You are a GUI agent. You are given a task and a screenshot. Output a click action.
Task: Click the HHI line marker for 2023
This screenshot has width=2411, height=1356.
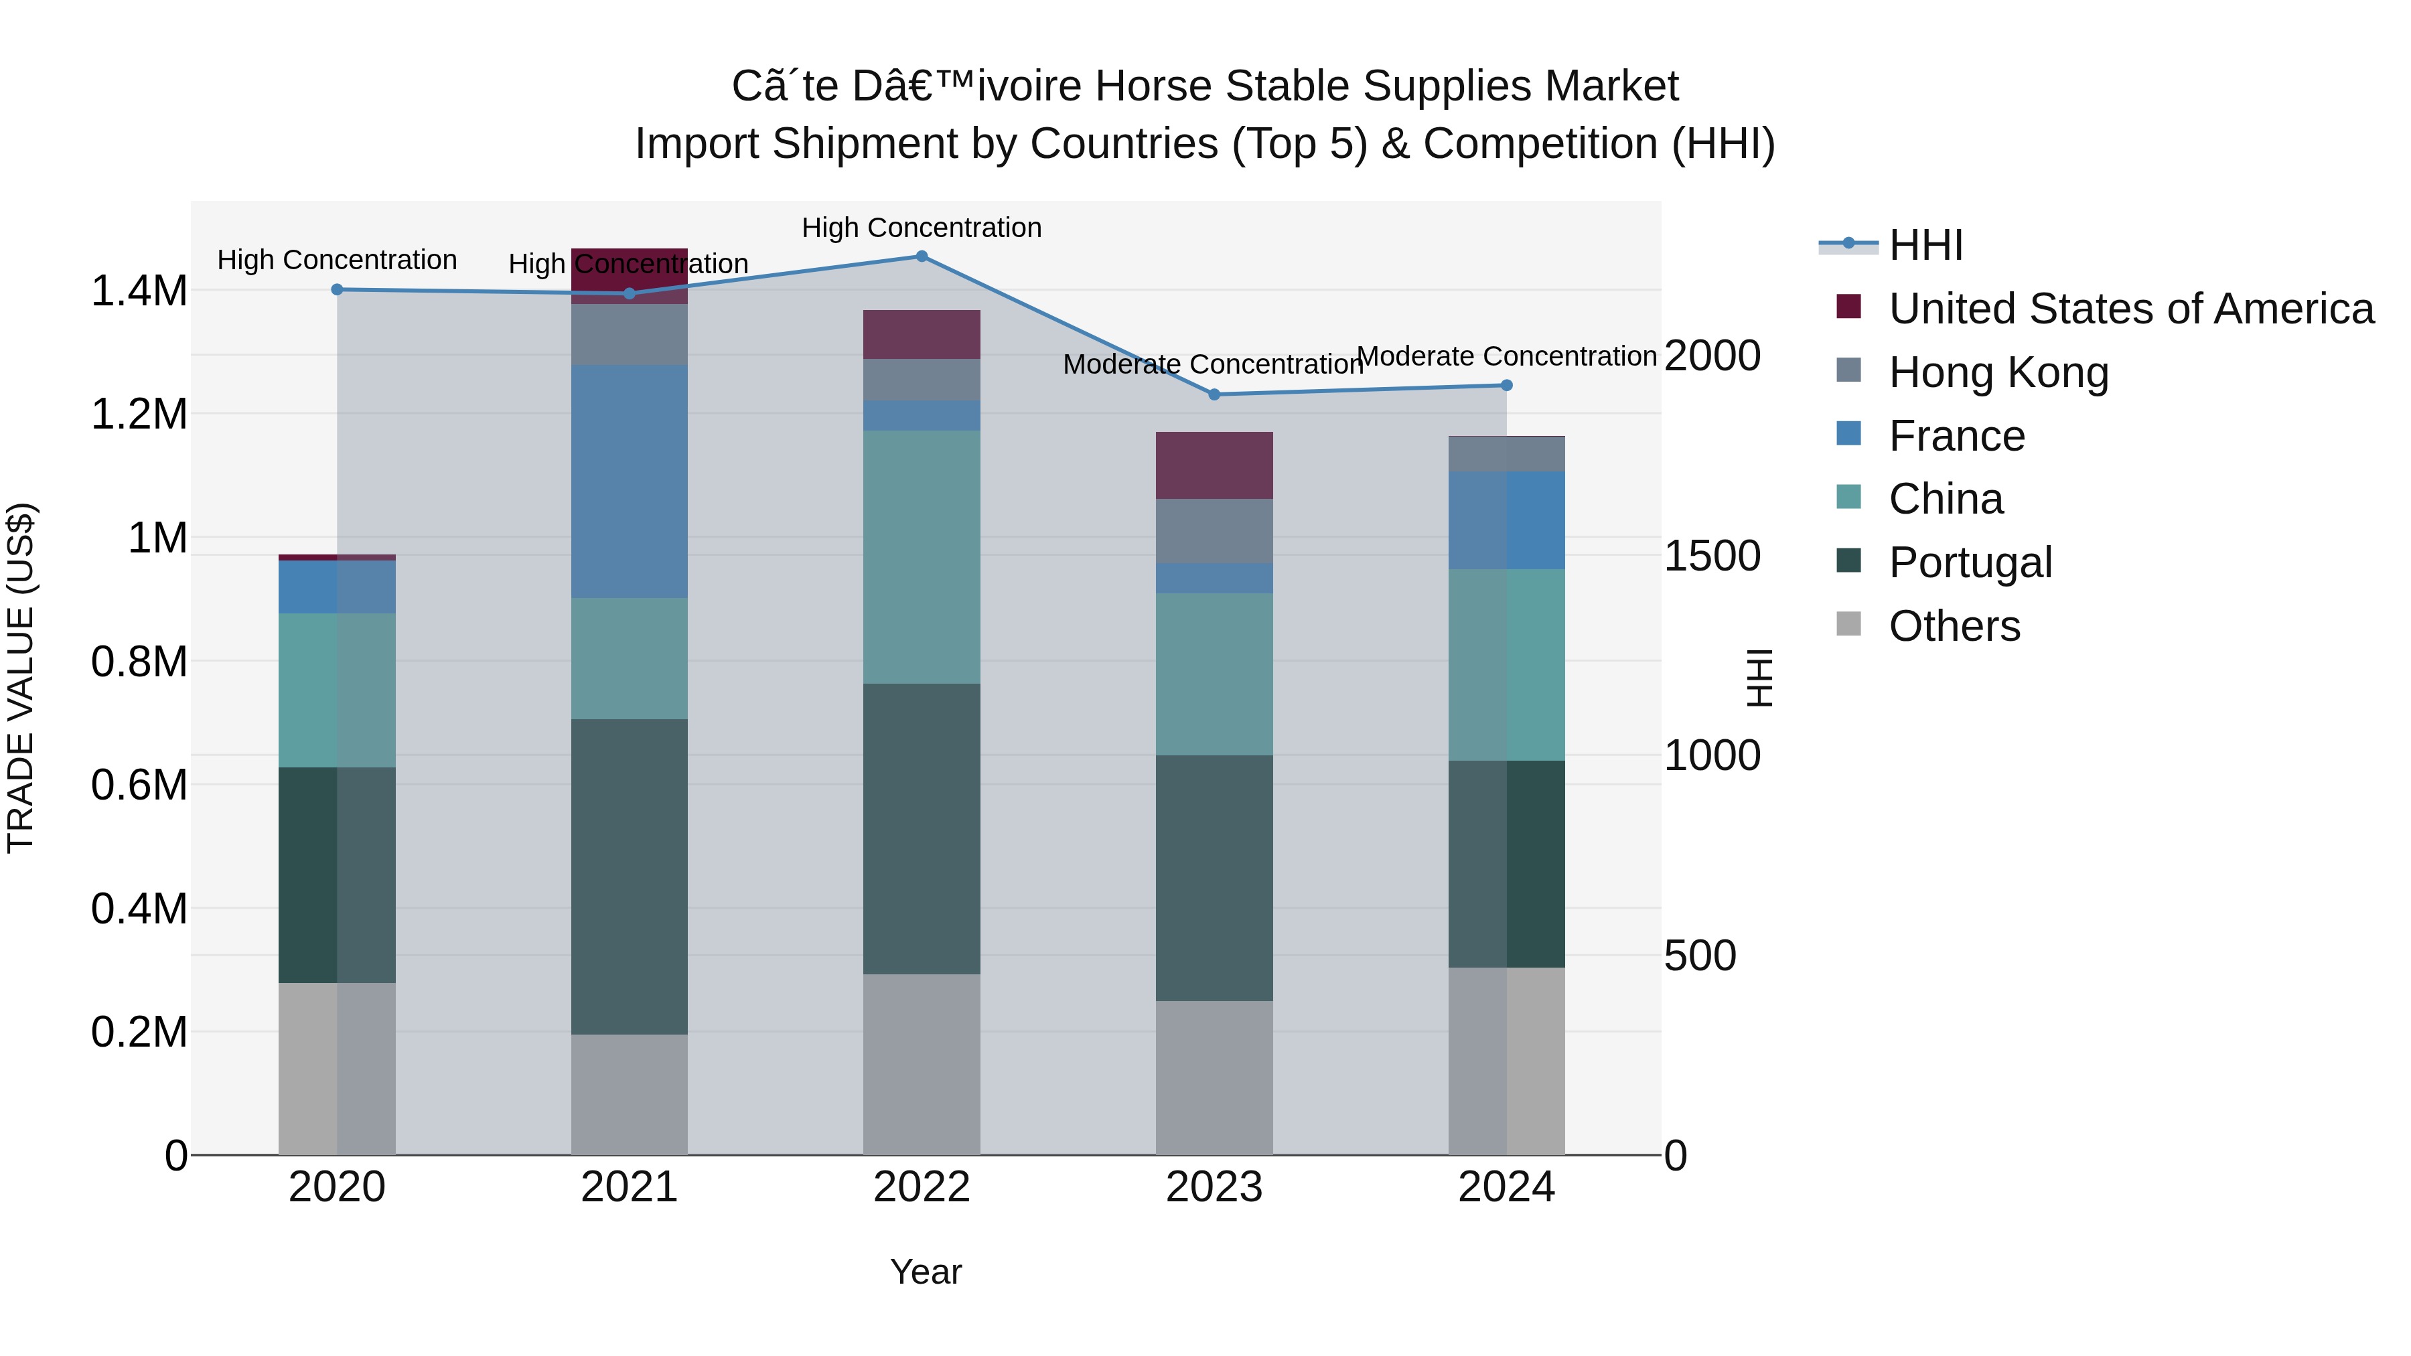pyautogui.click(x=1214, y=394)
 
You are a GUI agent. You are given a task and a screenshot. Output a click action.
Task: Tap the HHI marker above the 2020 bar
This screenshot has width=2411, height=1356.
pyautogui.click(x=337, y=289)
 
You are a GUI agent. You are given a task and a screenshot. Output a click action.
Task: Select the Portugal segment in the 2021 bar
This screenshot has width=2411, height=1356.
pyautogui.click(x=629, y=876)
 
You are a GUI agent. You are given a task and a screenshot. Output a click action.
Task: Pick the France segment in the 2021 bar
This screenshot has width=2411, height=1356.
pyautogui.click(x=629, y=481)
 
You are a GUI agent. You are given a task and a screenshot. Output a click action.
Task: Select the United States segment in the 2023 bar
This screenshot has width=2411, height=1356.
pyautogui.click(x=1214, y=465)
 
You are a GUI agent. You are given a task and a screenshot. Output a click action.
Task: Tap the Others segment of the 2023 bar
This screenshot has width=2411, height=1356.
pyautogui.click(x=1214, y=1077)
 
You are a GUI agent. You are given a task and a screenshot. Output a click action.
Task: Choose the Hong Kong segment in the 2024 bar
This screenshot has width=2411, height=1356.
pyautogui.click(x=1506, y=454)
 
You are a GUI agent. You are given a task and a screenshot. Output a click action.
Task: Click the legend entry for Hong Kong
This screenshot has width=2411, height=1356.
pyautogui.click(x=1998, y=372)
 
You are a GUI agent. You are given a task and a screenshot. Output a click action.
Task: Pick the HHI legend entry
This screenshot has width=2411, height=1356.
pyautogui.click(x=1925, y=245)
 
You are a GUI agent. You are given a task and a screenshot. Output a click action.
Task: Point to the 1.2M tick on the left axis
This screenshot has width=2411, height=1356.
pyautogui.click(x=139, y=414)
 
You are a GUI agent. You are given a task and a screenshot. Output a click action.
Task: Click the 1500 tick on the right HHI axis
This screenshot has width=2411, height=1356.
pyautogui.click(x=1712, y=556)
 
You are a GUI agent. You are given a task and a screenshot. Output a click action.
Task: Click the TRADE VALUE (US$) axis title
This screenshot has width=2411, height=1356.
pyautogui.click(x=21, y=678)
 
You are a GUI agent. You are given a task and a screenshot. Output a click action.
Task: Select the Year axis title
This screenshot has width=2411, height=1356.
pyautogui.click(x=925, y=1272)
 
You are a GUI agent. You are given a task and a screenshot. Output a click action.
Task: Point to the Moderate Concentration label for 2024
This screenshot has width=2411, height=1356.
pyautogui.click(x=1506, y=356)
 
